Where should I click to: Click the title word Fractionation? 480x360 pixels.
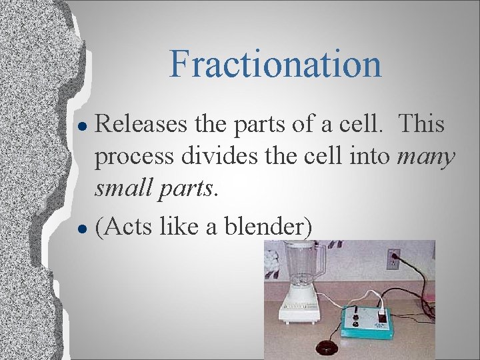click(x=275, y=64)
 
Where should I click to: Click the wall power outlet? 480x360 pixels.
click(x=393, y=258)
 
